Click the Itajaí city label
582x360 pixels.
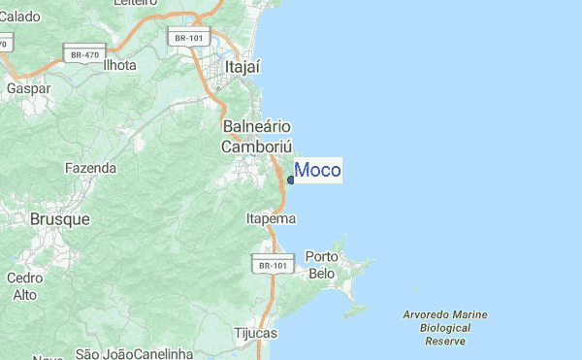coord(242,68)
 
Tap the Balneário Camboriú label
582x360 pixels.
coord(257,137)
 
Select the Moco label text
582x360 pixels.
coord(317,171)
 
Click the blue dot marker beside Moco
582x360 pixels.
coord(291,180)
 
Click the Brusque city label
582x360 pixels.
coord(60,219)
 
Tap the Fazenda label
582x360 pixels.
coord(90,168)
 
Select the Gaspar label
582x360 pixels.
coord(27,87)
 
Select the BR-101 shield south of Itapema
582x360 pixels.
coord(271,264)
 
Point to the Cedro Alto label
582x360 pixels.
coord(24,285)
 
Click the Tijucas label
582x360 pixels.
coord(256,333)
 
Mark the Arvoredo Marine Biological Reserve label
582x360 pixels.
coord(446,328)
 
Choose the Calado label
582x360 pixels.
coord(20,16)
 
